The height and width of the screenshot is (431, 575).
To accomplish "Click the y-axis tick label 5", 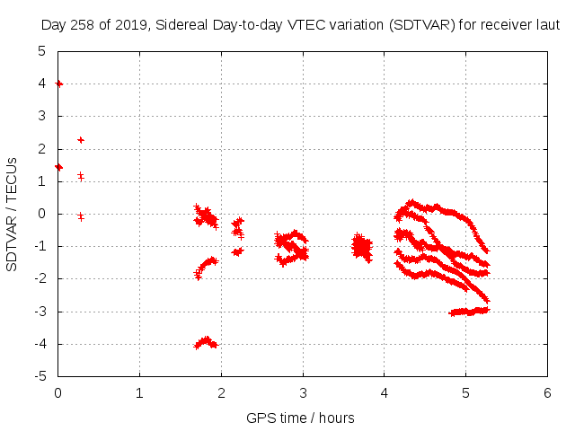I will pyautogui.click(x=42, y=51).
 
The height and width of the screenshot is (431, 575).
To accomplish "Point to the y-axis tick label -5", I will pyautogui.click(x=40, y=376).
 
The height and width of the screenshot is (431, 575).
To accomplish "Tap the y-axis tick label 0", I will pyautogui.click(x=42, y=214).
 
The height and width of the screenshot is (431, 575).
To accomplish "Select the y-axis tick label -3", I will pyautogui.click(x=40, y=312).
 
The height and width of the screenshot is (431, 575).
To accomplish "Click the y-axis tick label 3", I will pyautogui.click(x=42, y=116).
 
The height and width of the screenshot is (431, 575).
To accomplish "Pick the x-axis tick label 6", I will pyautogui.click(x=547, y=392).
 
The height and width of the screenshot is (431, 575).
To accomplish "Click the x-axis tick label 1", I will pyautogui.click(x=139, y=392).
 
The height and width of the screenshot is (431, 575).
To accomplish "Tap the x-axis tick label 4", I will pyautogui.click(x=384, y=392).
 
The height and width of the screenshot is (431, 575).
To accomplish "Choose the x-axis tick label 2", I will pyautogui.click(x=221, y=392).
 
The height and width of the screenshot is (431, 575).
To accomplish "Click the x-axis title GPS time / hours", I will pyautogui.click(x=301, y=418).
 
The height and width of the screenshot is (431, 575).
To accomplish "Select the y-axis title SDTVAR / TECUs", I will pyautogui.click(x=13, y=214).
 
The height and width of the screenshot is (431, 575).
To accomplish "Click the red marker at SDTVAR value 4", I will pyautogui.click(x=59, y=84).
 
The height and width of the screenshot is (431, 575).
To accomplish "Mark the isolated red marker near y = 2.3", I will pyautogui.click(x=81, y=140).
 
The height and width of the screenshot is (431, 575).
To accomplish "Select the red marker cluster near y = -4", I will pyautogui.click(x=206, y=342).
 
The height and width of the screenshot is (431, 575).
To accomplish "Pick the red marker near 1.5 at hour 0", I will pyautogui.click(x=58, y=167).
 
